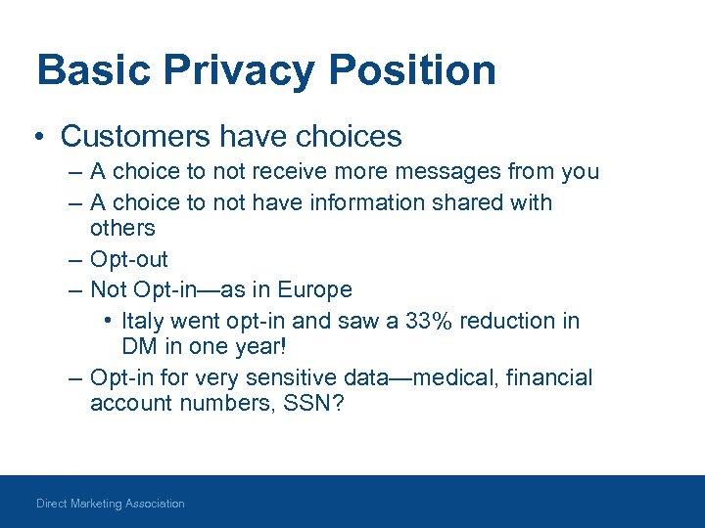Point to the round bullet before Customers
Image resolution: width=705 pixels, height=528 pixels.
pos(42,137)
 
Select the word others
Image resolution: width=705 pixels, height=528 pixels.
pos(122,228)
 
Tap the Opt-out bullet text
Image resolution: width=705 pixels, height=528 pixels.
pos(128,259)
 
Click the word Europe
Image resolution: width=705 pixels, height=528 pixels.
pos(314,290)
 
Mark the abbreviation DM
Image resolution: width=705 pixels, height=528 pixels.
pos(138,346)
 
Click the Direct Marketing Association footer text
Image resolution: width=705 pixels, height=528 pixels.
pos(111,504)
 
